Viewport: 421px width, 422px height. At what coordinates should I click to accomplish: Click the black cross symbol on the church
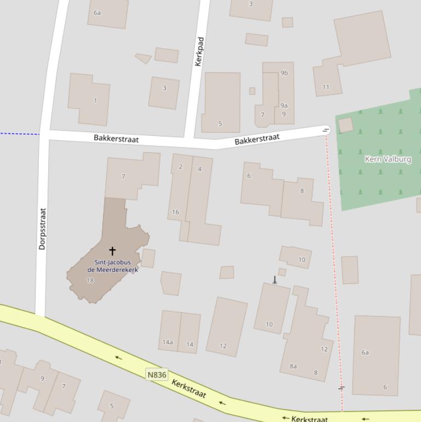click(x=112, y=251)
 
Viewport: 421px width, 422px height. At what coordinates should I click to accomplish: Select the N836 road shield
click(x=157, y=375)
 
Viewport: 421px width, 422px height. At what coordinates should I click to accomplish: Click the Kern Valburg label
click(x=388, y=159)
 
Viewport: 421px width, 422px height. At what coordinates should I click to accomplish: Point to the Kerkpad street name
click(x=199, y=52)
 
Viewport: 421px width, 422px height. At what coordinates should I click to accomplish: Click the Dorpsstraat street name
click(x=43, y=229)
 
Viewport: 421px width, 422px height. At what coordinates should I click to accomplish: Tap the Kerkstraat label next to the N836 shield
click(x=189, y=388)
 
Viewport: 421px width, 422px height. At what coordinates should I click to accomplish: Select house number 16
click(x=175, y=212)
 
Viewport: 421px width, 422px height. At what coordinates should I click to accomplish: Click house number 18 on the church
click(x=90, y=281)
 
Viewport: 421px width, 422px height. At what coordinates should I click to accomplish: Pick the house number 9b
click(x=284, y=73)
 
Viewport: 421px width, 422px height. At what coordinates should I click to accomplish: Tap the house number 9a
click(x=284, y=105)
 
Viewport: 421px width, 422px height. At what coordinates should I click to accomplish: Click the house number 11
click(x=326, y=87)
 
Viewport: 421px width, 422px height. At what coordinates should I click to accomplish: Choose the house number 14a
click(x=168, y=343)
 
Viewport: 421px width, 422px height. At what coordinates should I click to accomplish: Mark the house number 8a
click(x=293, y=366)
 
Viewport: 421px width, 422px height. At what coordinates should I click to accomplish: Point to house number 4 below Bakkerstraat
click(x=199, y=169)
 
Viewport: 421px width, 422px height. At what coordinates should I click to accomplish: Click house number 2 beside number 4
click(x=181, y=167)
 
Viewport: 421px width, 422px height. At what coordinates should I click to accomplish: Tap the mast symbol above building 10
click(x=275, y=280)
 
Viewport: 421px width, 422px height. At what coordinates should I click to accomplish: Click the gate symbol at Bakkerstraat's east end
click(x=326, y=130)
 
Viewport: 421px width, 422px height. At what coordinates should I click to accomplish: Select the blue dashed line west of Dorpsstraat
click(x=19, y=133)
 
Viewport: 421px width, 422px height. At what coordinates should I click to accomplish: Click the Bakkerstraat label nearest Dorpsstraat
click(x=116, y=139)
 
